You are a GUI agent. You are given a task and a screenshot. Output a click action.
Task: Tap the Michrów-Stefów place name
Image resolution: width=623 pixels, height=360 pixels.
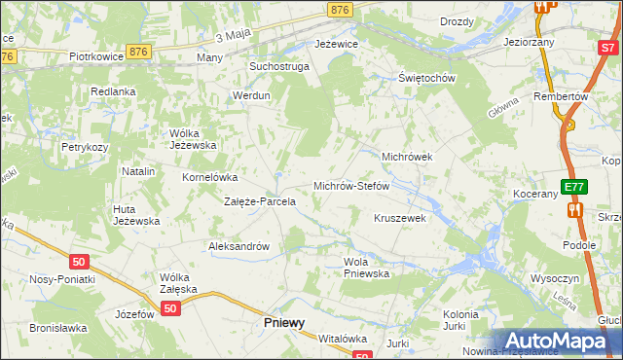point(350,185)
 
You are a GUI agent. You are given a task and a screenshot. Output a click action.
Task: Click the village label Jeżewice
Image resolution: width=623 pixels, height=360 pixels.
point(337,44)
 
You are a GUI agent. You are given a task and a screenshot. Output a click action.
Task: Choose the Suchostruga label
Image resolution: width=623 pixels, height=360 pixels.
point(278,66)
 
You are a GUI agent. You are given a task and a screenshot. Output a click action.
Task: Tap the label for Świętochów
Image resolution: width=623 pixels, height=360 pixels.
point(427,78)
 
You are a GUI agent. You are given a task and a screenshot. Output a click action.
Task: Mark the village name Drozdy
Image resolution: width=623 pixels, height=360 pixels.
point(457,21)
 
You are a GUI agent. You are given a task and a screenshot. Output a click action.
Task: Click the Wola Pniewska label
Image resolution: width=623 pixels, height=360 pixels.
point(366,268)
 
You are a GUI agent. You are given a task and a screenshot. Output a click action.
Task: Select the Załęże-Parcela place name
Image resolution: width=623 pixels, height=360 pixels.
point(260,201)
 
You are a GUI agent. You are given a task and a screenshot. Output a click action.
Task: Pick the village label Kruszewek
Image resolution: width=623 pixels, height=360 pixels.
point(400,218)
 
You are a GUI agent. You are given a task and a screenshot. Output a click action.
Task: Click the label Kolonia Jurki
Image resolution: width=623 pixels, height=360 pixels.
point(461,320)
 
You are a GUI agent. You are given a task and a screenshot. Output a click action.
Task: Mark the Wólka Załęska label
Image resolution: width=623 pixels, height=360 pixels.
point(179,283)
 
